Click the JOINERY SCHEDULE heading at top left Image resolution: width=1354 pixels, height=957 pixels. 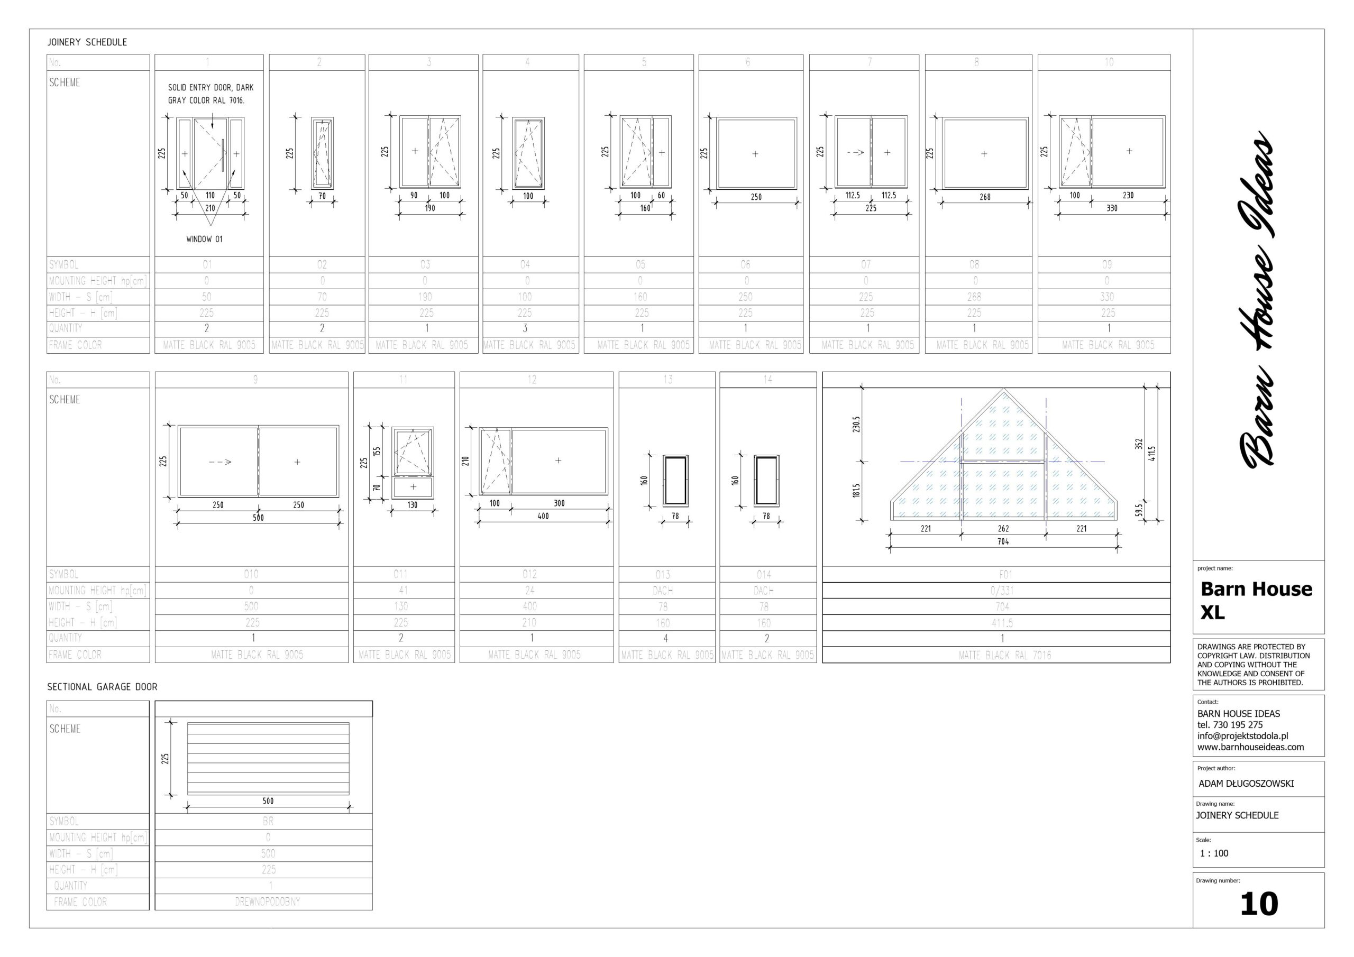(87, 42)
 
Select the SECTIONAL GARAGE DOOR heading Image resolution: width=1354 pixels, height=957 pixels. (102, 687)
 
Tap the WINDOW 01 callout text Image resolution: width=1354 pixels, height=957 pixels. (204, 240)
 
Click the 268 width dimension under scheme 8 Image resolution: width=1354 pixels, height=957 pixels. (985, 197)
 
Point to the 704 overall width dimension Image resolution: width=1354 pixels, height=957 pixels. (1003, 541)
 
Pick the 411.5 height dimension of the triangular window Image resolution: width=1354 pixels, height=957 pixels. (1152, 454)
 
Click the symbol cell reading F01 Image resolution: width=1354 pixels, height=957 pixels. (1005, 574)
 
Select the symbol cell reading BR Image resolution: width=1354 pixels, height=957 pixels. (268, 821)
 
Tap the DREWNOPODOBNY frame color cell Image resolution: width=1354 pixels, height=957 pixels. (267, 901)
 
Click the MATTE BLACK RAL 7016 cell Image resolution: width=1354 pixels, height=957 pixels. (1005, 655)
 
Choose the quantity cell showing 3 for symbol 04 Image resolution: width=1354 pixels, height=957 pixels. (525, 328)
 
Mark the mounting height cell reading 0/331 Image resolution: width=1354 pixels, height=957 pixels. (1002, 590)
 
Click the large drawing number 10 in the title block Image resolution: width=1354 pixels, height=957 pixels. (1258, 904)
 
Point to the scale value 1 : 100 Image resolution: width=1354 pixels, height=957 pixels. (1214, 853)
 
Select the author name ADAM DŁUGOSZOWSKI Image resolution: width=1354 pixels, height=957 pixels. (1246, 784)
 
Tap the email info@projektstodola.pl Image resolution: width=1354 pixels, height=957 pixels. (1242, 736)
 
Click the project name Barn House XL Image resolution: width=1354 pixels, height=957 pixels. (1256, 600)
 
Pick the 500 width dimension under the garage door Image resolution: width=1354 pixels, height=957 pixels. (268, 800)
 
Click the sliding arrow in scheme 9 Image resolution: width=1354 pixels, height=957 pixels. (220, 462)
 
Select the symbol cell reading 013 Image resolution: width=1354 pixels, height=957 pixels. (663, 574)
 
